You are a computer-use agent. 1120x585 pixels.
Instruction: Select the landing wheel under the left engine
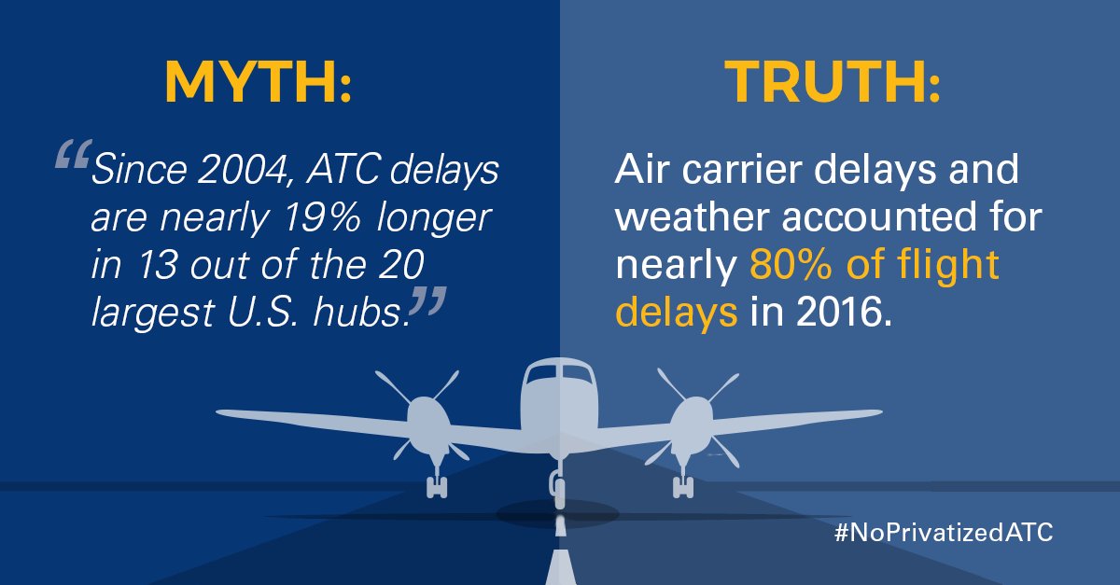[x=437, y=486]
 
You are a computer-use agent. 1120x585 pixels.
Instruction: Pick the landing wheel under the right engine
[x=682, y=486]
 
